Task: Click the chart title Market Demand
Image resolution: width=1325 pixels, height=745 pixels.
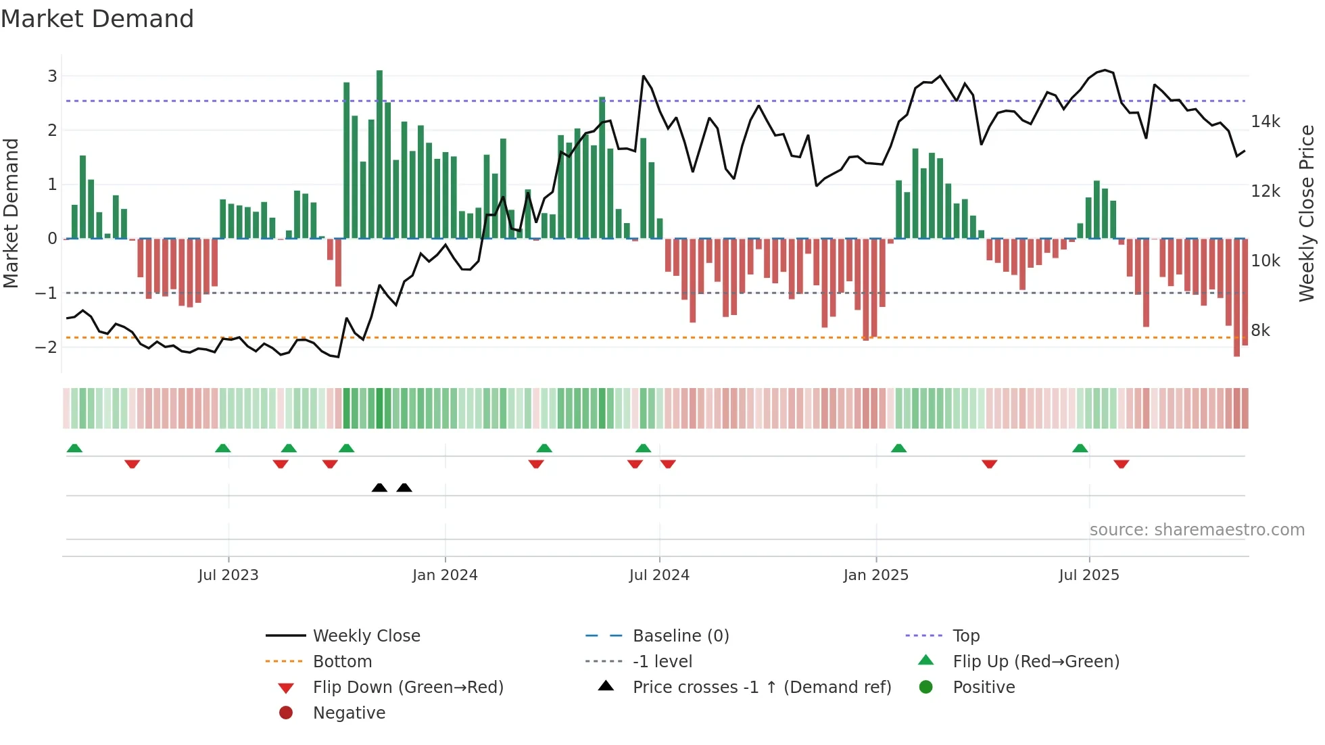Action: pyautogui.click(x=97, y=19)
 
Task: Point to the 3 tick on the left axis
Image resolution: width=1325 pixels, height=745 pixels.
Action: pyautogui.click(x=52, y=76)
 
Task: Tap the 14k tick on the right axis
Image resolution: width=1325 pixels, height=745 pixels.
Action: pyautogui.click(x=1265, y=122)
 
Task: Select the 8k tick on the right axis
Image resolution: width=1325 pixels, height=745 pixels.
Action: pyautogui.click(x=1260, y=331)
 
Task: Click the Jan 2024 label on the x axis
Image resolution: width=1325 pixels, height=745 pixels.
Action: pyautogui.click(x=445, y=575)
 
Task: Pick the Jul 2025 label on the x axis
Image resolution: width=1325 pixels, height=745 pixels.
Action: pyautogui.click(x=1088, y=575)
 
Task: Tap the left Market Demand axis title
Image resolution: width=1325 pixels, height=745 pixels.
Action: pyautogui.click(x=11, y=213)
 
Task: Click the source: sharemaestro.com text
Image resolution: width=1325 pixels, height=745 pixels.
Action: pyautogui.click(x=1197, y=530)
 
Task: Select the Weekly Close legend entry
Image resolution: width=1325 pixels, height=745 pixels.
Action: pyautogui.click(x=366, y=636)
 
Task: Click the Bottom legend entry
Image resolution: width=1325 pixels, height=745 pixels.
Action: pyautogui.click(x=342, y=662)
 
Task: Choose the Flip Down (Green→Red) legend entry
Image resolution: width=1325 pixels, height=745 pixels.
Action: pyautogui.click(x=408, y=688)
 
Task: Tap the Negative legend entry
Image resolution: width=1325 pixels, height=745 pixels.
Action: pyautogui.click(x=349, y=713)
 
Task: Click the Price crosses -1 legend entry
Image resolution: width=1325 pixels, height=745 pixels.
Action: pyautogui.click(x=761, y=688)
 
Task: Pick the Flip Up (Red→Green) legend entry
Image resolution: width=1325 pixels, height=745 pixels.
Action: pyautogui.click(x=1036, y=662)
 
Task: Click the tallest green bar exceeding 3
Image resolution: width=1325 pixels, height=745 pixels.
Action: pyautogui.click(x=379, y=155)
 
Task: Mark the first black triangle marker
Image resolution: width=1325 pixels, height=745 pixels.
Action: pyautogui.click(x=379, y=487)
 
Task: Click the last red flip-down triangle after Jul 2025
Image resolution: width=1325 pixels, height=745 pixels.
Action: pyautogui.click(x=1121, y=464)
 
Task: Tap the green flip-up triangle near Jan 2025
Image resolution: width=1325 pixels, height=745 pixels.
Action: pyautogui.click(x=898, y=448)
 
